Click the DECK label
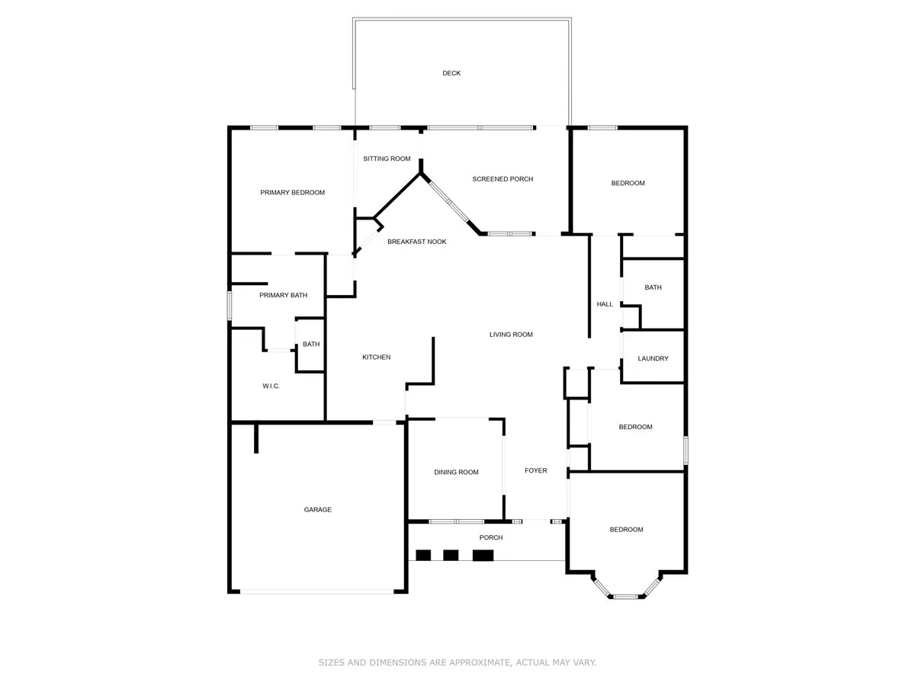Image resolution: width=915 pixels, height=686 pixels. (451, 73)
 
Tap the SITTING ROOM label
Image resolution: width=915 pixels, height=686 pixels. (387, 159)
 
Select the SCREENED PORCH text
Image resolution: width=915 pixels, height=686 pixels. (502, 179)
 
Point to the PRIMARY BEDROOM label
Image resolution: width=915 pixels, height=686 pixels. (292, 193)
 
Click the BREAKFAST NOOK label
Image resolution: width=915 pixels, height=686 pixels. (416, 242)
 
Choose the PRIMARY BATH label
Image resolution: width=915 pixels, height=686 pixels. (283, 295)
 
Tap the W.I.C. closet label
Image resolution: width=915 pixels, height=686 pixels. (271, 386)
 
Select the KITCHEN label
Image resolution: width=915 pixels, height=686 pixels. (376, 357)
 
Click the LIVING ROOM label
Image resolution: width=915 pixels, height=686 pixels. (511, 335)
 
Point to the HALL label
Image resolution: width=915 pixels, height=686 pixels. (605, 304)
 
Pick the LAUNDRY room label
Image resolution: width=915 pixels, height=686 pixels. (653, 358)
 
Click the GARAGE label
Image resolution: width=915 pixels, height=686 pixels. (318, 510)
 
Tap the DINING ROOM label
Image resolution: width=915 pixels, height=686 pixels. (456, 473)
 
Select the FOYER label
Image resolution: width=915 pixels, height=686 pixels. (535, 471)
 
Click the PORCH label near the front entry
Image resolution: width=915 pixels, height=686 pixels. (491, 537)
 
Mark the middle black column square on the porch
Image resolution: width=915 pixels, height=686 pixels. (451, 555)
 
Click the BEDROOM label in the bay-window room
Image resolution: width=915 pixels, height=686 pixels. (626, 530)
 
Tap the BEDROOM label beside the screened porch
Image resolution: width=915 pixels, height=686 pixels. (628, 183)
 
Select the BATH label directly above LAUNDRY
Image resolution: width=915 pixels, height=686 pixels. (653, 287)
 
